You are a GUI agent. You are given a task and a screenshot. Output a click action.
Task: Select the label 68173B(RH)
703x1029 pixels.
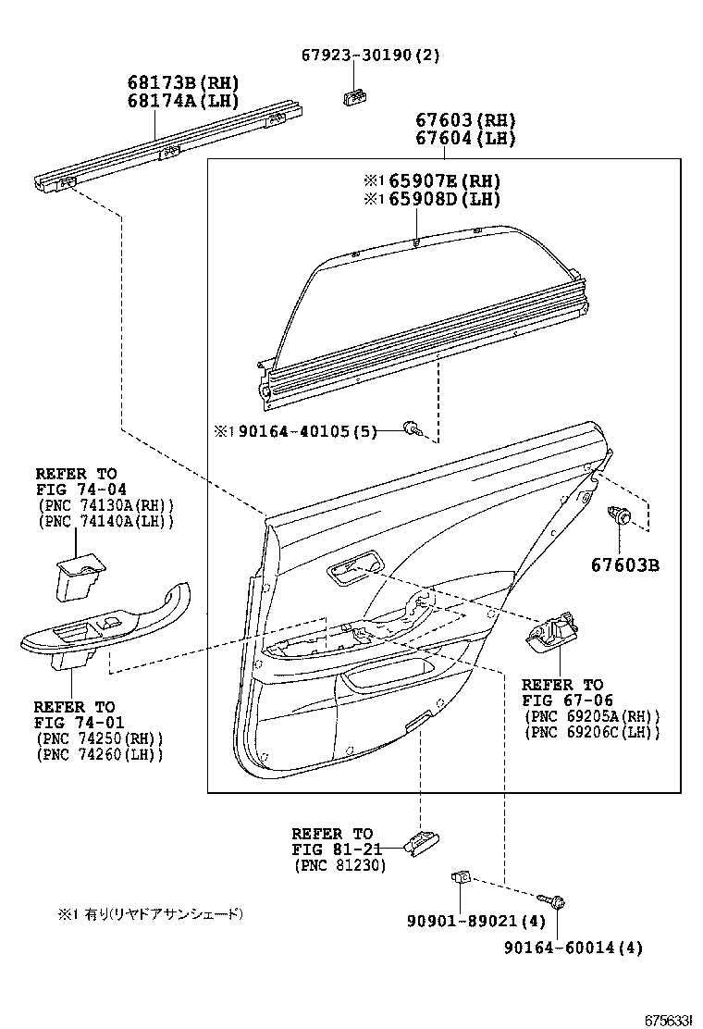click(182, 81)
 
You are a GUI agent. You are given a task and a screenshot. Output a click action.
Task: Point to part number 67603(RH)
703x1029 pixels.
click(464, 120)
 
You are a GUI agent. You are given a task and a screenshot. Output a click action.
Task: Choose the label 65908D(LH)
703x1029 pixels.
click(430, 199)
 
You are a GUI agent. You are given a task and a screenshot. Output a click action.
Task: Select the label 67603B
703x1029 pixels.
click(625, 564)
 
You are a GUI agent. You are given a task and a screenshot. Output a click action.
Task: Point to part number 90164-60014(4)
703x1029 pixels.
click(573, 947)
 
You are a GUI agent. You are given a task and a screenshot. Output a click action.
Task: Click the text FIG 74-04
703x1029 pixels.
click(81, 490)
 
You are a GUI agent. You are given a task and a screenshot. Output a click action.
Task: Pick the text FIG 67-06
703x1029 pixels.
click(567, 700)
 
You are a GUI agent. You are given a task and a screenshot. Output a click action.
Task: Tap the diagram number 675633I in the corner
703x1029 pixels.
click(668, 1019)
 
